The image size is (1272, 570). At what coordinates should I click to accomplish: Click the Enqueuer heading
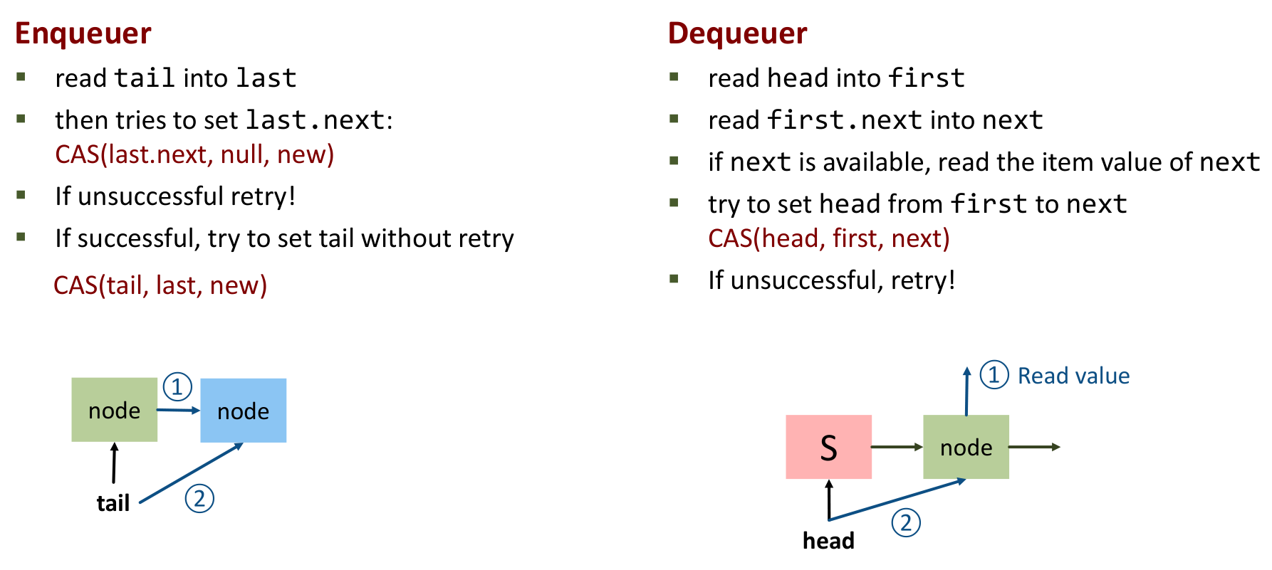coord(83,33)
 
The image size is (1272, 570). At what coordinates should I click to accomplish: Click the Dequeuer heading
coord(737,33)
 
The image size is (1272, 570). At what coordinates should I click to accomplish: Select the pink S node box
coord(828,447)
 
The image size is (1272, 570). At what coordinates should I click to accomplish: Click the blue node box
coord(243,411)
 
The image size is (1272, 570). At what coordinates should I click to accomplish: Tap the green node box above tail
coord(114,410)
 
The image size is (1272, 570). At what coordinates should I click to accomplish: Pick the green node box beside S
coord(966,447)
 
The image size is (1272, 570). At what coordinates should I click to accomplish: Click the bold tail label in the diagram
coord(113,503)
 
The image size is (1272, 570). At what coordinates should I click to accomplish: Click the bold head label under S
coord(828,541)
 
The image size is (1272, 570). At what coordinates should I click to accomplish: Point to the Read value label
coord(1073,376)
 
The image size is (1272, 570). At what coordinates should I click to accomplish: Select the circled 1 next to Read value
coord(994,375)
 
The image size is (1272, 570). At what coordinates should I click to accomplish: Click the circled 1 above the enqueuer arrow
coord(177,386)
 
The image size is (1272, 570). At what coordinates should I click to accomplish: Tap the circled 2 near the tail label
coord(199,498)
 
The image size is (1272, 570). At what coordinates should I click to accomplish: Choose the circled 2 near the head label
coord(906,523)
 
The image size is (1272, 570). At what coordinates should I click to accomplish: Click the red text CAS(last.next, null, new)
coord(194,154)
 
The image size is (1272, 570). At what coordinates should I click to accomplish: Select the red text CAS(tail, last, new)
coord(160,285)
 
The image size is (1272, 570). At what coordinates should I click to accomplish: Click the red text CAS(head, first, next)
coord(828,238)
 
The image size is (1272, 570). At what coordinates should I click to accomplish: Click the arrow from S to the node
coord(897,447)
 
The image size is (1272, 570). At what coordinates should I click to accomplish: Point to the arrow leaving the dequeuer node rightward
coord(1034,447)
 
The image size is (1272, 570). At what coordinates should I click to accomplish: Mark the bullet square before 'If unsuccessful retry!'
coord(21,194)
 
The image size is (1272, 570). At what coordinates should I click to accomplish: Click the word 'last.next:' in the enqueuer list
coord(318,120)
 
